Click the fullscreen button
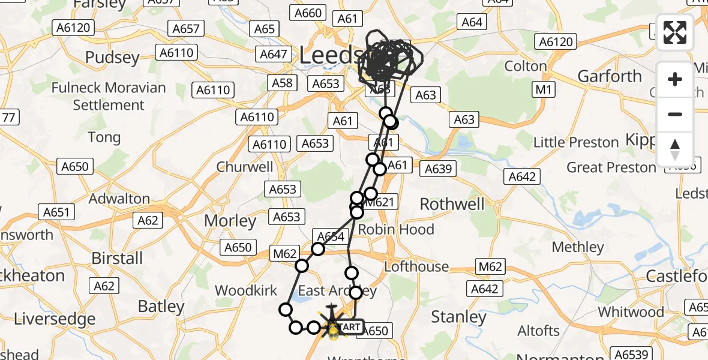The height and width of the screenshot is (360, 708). coord(675,32)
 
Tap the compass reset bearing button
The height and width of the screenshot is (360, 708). coord(675,149)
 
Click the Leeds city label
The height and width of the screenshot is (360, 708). coord(330,56)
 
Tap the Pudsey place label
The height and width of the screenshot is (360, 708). coord(112,58)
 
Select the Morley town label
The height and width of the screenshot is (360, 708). coord(230,221)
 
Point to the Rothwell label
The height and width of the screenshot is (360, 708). coord(452,204)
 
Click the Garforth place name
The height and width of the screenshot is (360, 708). coord(610,76)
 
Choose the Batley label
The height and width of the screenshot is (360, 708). coord(161,306)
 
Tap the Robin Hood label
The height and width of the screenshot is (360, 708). coord(396,229)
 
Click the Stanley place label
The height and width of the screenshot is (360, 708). coord(458,317)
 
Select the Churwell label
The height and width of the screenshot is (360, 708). coord(245,167)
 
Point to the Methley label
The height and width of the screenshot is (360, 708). coord(577,247)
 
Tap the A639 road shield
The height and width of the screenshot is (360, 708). coord(437,169)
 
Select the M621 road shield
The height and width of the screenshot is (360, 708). coord(380,202)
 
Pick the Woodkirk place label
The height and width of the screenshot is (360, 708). coord(246,291)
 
